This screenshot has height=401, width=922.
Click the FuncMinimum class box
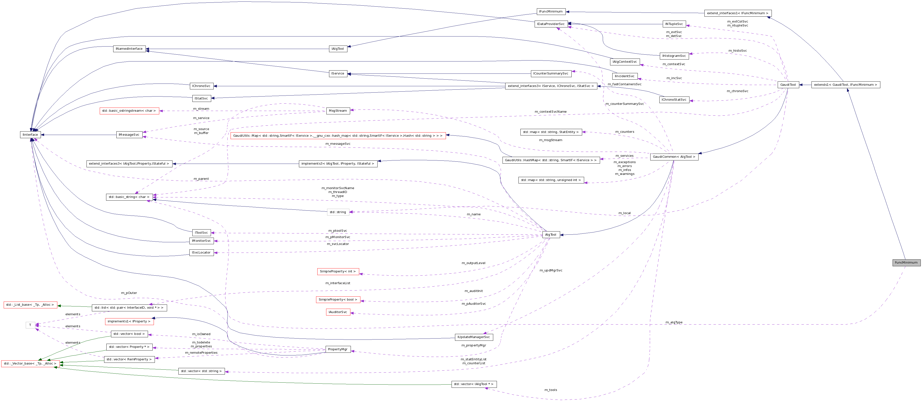(906, 263)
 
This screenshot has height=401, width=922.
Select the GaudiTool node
(788, 85)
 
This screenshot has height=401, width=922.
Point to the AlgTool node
(551, 235)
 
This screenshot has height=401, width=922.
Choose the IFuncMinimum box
(551, 12)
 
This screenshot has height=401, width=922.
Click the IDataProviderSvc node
(551, 24)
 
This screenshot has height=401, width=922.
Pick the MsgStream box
(338, 110)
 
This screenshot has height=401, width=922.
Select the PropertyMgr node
(338, 349)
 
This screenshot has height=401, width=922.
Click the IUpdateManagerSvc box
(474, 337)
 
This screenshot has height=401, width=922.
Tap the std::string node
(338, 212)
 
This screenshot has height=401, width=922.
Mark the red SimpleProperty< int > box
(338, 271)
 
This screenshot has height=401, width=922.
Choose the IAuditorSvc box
(338, 312)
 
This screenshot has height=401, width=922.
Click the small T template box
(30, 325)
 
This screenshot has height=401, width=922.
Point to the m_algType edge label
(674, 322)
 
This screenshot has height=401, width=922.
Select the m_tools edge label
(551, 390)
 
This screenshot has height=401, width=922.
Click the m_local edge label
(624, 213)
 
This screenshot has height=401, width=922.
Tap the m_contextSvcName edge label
(551, 112)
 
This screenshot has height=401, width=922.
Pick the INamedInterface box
(129, 49)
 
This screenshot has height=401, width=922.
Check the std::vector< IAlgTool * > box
(474, 384)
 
